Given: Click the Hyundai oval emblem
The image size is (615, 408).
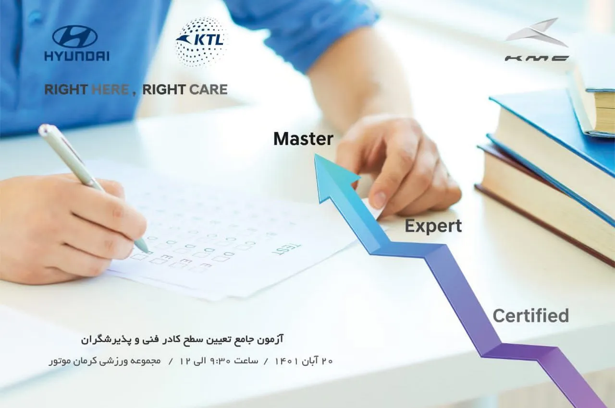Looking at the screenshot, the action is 74,37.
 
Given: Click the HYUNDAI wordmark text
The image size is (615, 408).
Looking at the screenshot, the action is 77,56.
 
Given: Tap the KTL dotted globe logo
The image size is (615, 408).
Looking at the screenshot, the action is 201,42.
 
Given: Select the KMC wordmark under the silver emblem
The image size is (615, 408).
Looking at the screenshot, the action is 537,58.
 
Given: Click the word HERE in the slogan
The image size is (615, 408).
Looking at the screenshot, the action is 110,90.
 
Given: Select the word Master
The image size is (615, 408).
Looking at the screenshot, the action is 303,139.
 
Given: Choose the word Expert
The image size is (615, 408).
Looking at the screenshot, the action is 433,227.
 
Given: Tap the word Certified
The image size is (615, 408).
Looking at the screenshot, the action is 531,315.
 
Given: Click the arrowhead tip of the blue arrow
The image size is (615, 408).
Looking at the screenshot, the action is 315,154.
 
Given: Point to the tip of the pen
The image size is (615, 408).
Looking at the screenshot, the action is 148,252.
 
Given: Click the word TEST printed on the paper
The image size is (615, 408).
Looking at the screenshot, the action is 286,249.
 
